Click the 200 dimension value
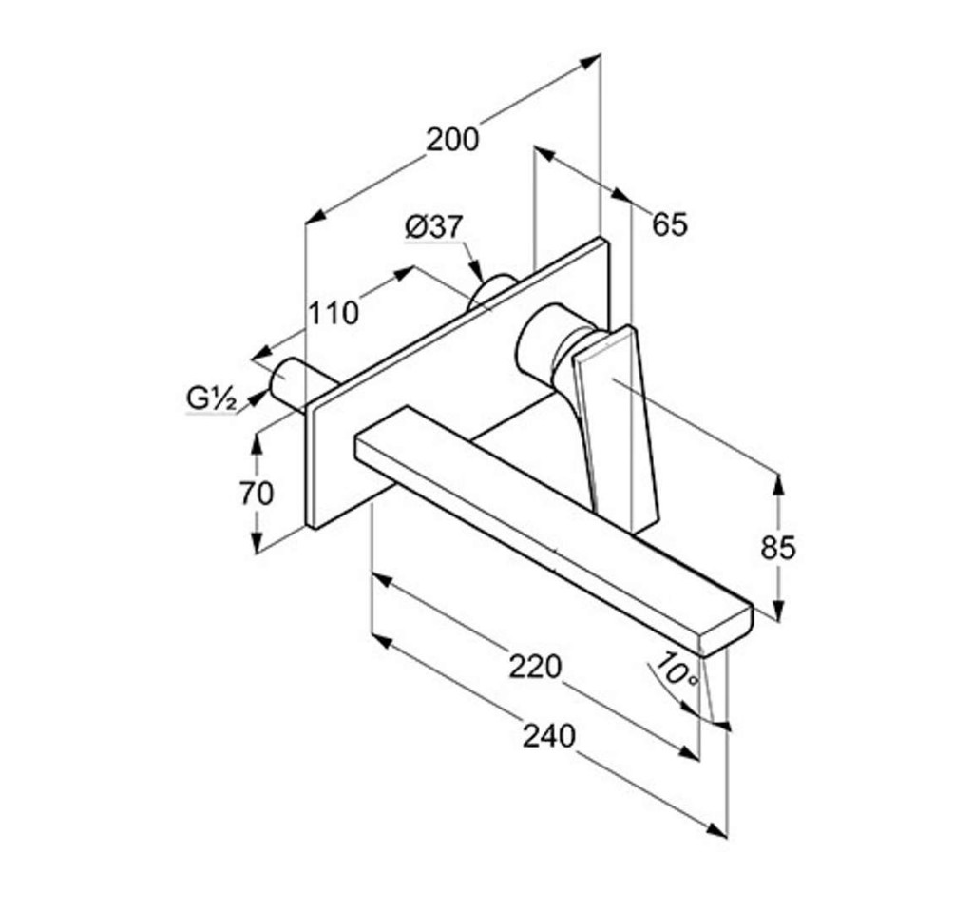(452, 140)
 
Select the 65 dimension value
(670, 224)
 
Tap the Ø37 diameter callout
(434, 227)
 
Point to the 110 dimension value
(334, 313)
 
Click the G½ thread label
(212, 398)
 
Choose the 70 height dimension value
(257, 494)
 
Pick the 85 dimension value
(778, 548)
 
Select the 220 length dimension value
(536, 667)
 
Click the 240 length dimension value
(549, 737)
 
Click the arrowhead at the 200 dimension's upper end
(590, 60)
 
